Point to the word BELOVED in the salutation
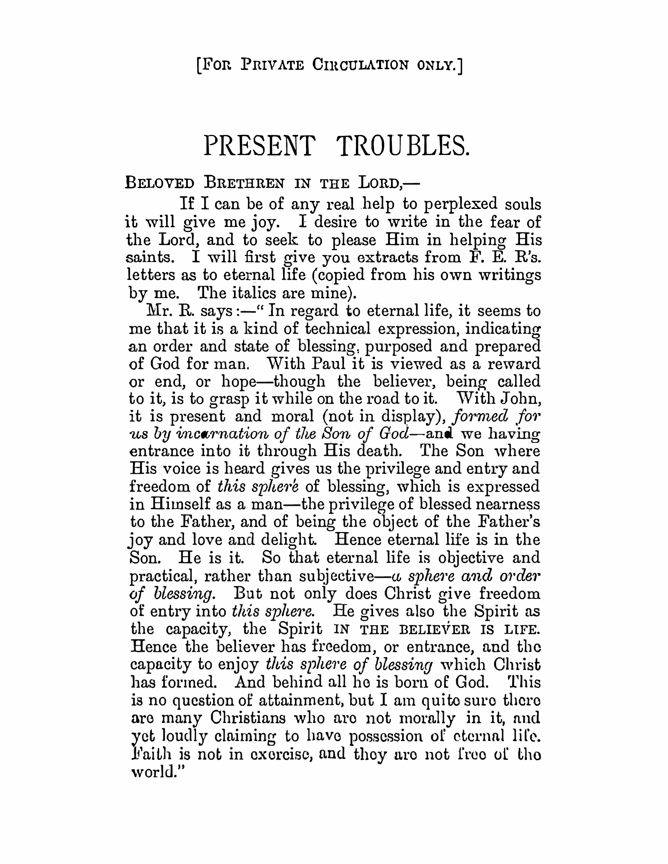click(160, 182)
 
